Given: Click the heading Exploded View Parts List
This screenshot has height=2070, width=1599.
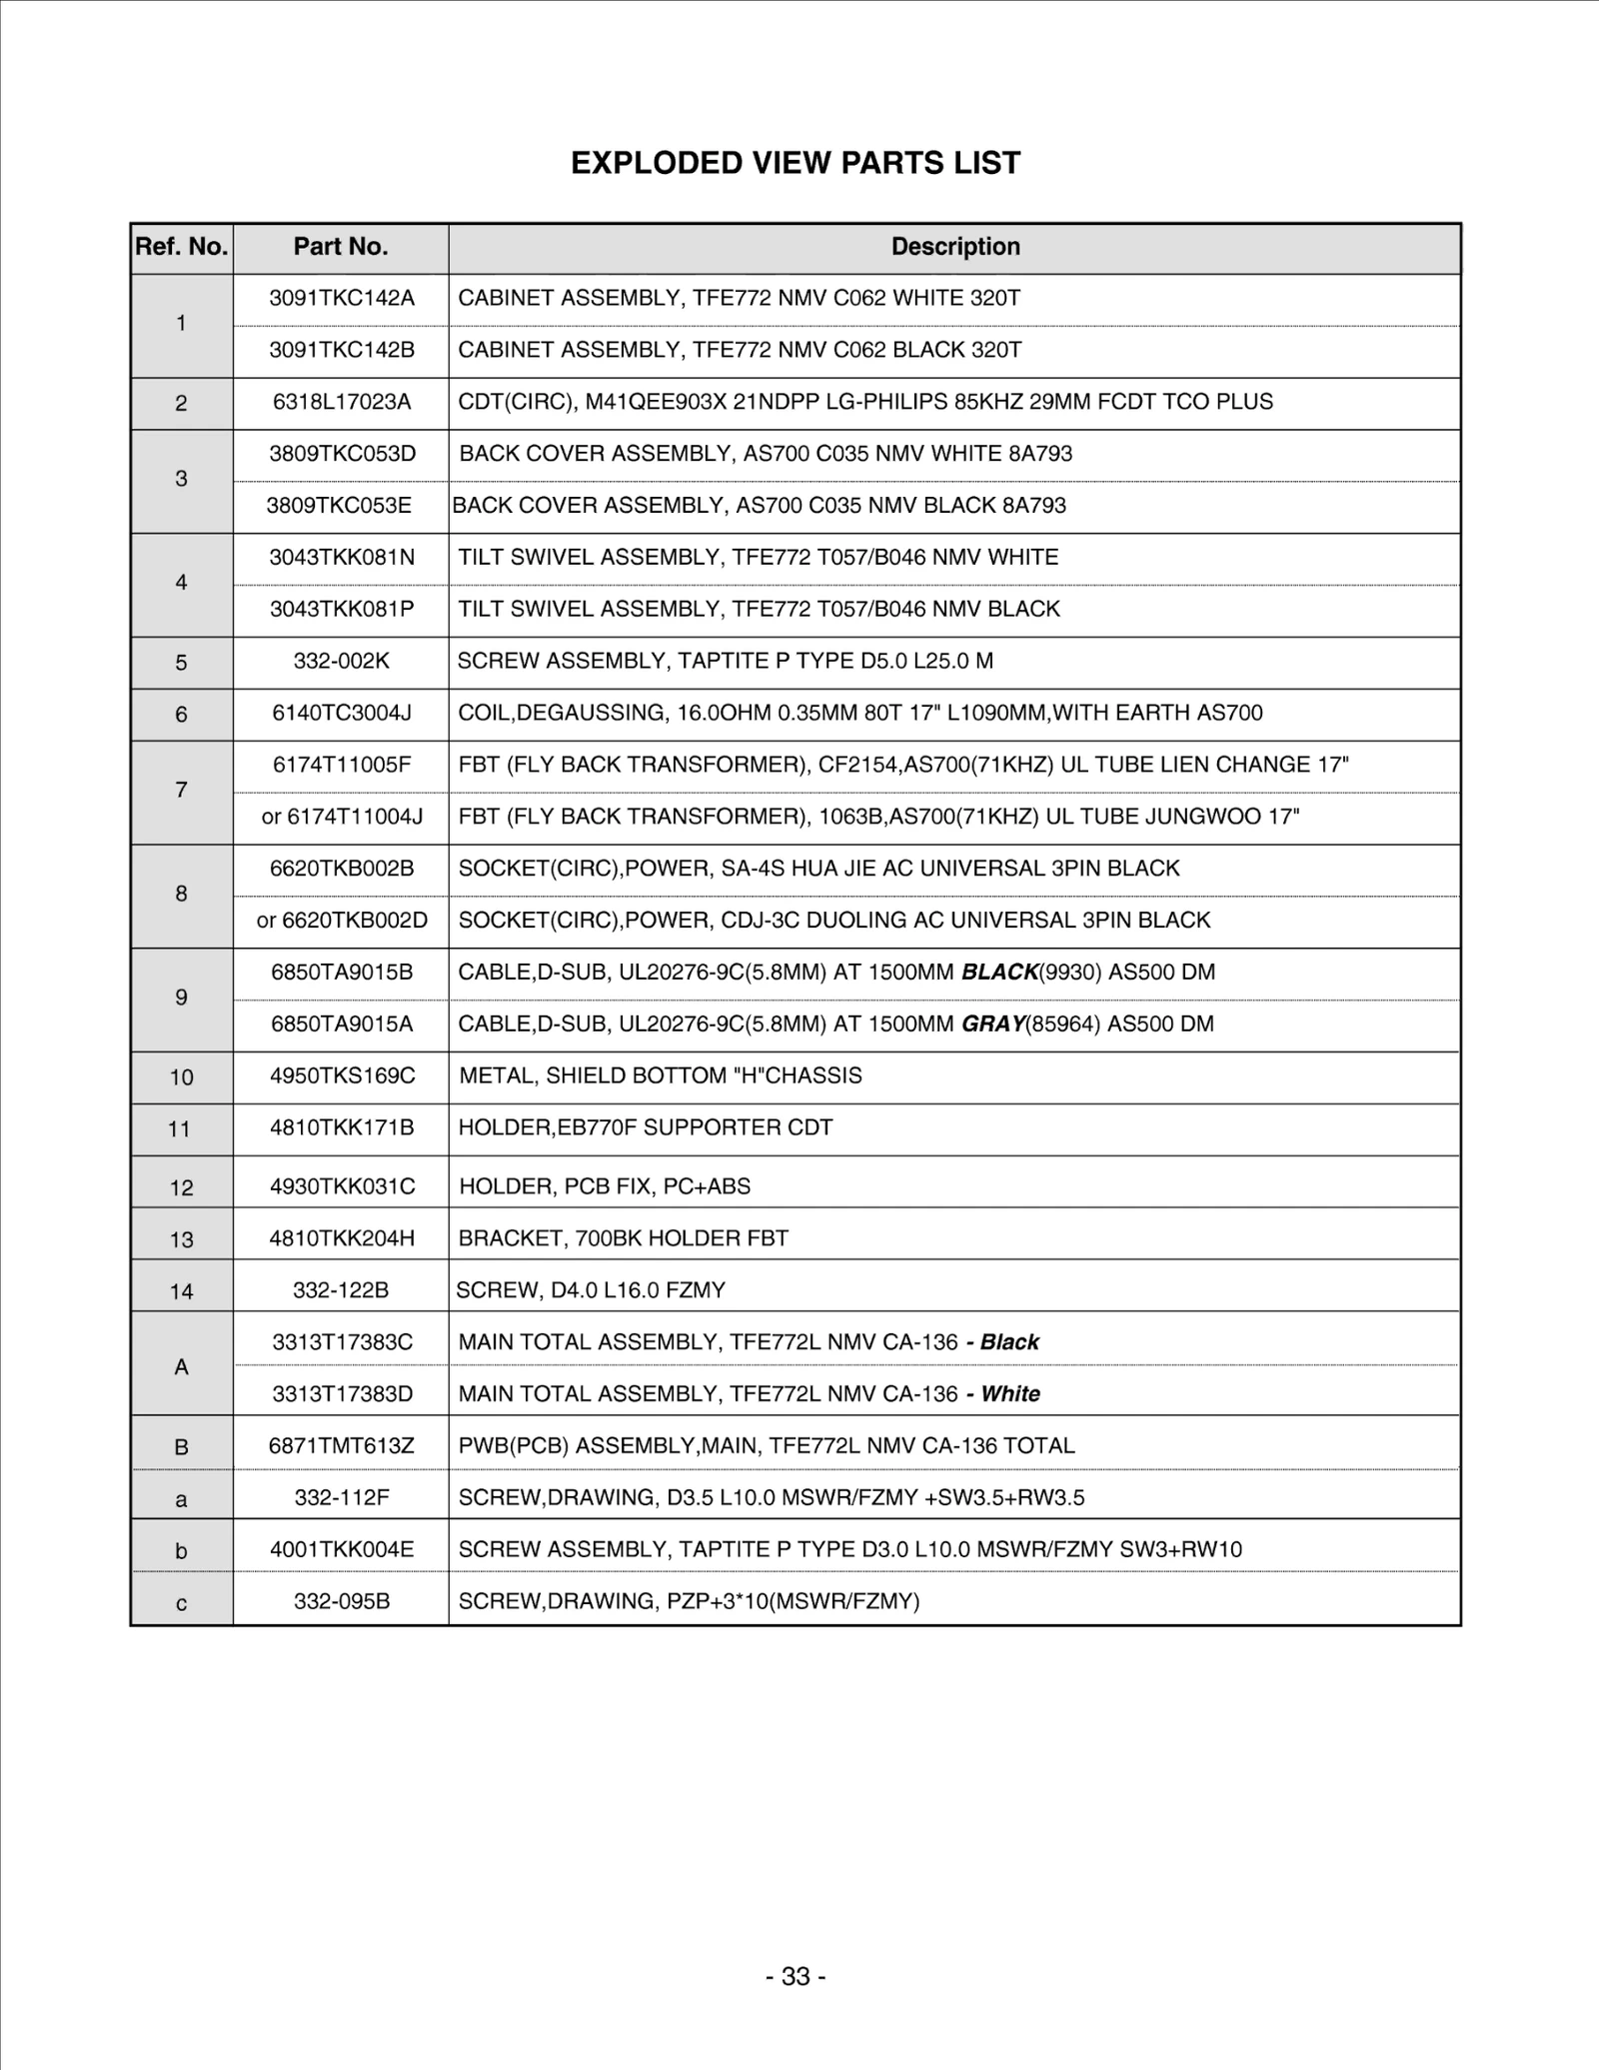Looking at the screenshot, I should pyautogui.click(x=796, y=163).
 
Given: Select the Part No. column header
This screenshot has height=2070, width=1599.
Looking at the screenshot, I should pyautogui.click(x=341, y=247).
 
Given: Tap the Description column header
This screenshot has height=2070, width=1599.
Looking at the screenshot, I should pyautogui.click(x=955, y=247).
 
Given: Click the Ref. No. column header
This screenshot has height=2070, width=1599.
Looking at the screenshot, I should pyautogui.click(x=182, y=247).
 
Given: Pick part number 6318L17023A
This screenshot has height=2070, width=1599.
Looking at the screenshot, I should pyautogui.click(x=342, y=402).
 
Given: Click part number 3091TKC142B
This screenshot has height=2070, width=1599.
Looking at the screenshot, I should pyautogui.click(x=342, y=350).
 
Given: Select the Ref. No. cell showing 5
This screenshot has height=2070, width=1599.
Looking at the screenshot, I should pyautogui.click(x=181, y=663).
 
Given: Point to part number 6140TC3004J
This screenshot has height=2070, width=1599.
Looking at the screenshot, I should pyautogui.click(x=342, y=713).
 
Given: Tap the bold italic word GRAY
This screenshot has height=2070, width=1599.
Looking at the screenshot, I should pyautogui.click(x=992, y=1024).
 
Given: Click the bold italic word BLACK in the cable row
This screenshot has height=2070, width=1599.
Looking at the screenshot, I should pyautogui.click(x=999, y=972).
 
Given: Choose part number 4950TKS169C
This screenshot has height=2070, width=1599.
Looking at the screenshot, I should pyautogui.click(x=342, y=1075).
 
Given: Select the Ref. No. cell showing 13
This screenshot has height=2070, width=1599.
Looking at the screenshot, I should pyautogui.click(x=181, y=1240).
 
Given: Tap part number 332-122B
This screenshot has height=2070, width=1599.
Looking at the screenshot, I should pyautogui.click(x=341, y=1290).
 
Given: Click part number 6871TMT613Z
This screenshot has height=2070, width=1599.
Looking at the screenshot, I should pyautogui.click(x=342, y=1445).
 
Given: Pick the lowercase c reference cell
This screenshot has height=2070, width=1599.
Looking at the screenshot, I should pyautogui.click(x=181, y=1603).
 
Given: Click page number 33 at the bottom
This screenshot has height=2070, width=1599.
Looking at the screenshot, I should pyautogui.click(x=796, y=1976).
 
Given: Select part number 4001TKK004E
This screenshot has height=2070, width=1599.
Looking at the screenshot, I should pyautogui.click(x=342, y=1549).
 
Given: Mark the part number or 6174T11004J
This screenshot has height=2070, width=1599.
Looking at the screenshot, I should pyautogui.click(x=342, y=817).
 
